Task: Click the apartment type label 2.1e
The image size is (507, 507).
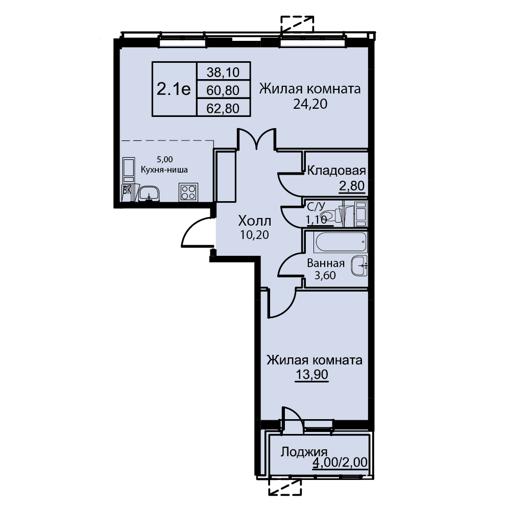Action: pos(174,89)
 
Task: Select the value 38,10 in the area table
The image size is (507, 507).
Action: pos(223,72)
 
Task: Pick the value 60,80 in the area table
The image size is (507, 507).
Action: pos(223,90)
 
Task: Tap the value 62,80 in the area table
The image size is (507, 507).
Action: pos(223,108)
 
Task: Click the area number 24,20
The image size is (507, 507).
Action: pos(310,104)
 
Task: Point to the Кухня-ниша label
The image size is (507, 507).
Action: pos(164,170)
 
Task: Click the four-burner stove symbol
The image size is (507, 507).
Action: pos(188,192)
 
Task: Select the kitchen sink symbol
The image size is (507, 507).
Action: pos(149,194)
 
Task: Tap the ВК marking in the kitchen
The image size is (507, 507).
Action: pos(127,190)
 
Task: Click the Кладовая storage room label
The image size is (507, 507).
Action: pos(336,171)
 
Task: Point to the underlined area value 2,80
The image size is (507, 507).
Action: pos(352,186)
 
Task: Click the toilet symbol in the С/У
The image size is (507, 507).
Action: pos(331,215)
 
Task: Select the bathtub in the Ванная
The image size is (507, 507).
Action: pos(340,242)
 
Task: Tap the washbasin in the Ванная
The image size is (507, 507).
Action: pos(359,266)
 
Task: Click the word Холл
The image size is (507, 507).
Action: pos(255,221)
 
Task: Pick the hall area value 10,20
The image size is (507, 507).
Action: pos(254,235)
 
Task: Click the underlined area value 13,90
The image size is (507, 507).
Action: pos(311,374)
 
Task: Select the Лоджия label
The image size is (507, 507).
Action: pos(304,452)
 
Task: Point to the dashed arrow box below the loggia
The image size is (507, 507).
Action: pos(285,487)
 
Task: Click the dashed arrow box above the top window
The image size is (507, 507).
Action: pos(297,24)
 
